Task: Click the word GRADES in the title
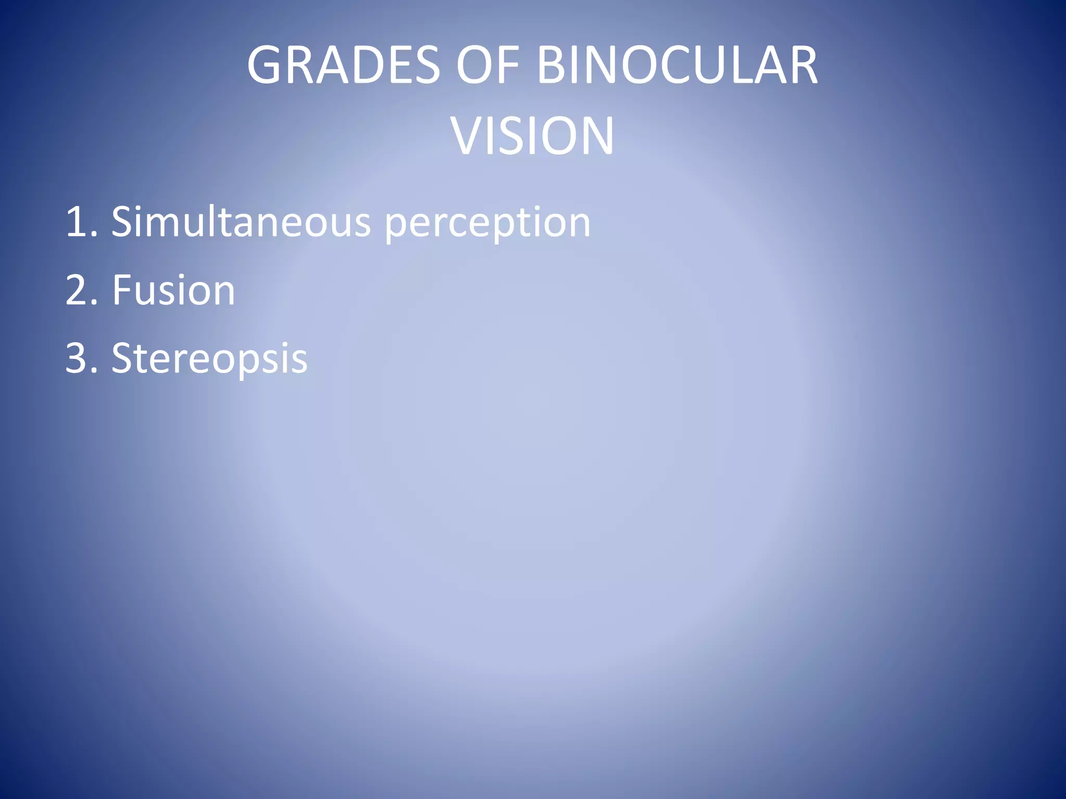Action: click(x=344, y=66)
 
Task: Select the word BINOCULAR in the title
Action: click(x=677, y=66)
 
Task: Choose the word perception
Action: click(x=487, y=224)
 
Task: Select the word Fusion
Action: click(x=173, y=290)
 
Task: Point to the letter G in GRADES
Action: click(x=265, y=66)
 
